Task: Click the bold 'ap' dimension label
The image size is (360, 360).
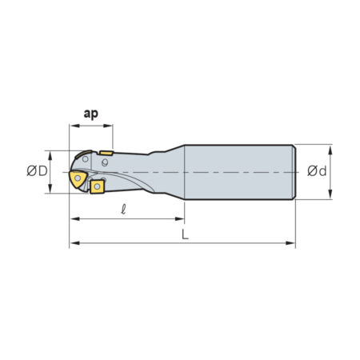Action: point(91,114)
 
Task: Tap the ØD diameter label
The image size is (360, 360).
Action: point(37,171)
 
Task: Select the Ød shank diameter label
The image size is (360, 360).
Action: point(317,171)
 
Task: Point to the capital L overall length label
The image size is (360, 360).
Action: point(185,234)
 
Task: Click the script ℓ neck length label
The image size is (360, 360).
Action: point(123,210)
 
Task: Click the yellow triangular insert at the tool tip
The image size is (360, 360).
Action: point(78,178)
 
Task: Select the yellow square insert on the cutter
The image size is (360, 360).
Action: point(97,186)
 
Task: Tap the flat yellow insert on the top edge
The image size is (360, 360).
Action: point(106,153)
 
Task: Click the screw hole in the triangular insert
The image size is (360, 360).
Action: point(78,178)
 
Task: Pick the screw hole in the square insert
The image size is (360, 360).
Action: point(97,186)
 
